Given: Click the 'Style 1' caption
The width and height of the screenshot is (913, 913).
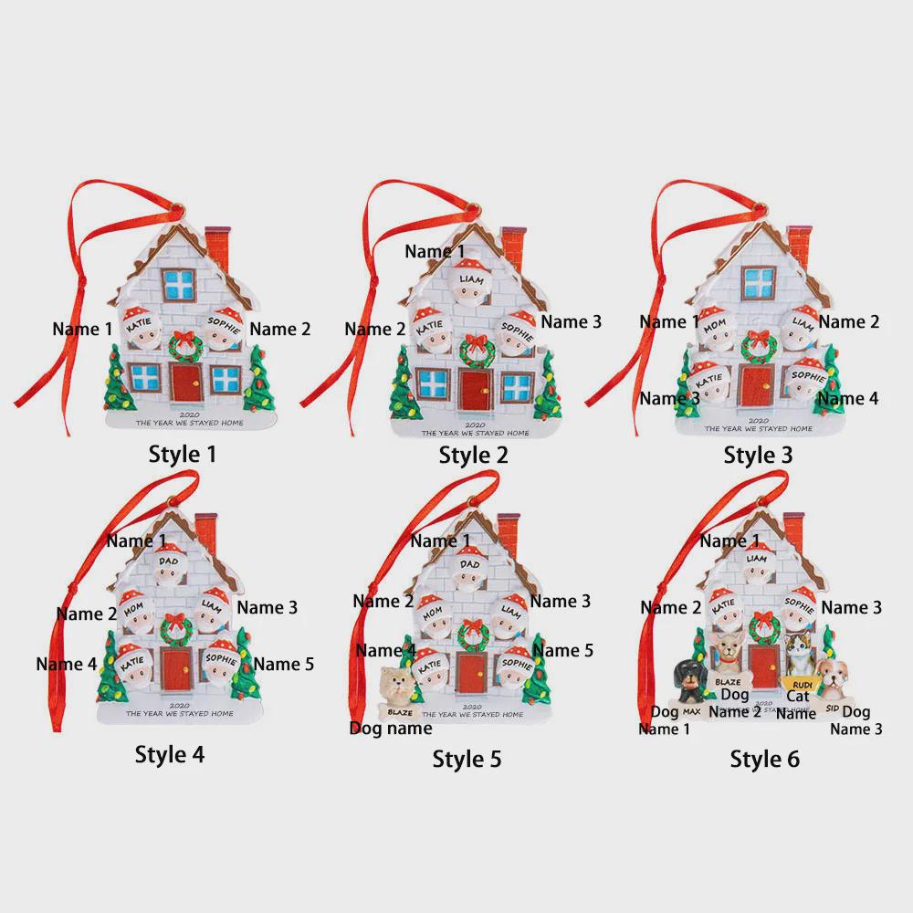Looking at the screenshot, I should coord(182,453).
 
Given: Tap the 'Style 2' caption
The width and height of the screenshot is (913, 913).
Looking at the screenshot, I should coord(473,454).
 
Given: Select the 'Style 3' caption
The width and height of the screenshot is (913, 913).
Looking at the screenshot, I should coord(758,454).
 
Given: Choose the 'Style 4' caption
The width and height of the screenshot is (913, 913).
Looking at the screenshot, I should coord(170,753).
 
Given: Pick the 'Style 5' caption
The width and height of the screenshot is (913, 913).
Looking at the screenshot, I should coord(467,758).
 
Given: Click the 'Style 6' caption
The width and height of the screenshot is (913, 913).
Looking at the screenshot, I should coord(764,758).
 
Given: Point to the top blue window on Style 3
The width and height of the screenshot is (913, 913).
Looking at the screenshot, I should coord(759,280).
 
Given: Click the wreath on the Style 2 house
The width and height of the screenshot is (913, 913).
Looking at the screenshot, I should coord(477,349).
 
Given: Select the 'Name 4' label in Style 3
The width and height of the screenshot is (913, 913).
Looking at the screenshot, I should coord(847,398).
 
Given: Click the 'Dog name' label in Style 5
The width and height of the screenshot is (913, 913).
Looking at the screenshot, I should coord(391,728).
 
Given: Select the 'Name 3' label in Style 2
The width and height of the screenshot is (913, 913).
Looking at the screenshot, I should coord(571,321).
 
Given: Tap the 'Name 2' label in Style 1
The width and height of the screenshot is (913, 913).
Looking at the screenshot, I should coord(280,329).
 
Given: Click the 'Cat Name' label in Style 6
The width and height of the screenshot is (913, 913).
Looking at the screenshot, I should coord(796,705).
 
